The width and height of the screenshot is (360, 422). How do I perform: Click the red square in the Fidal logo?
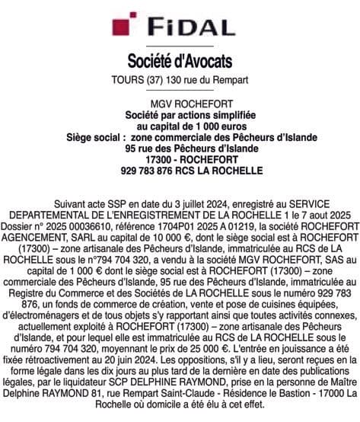(x=119, y=28)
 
